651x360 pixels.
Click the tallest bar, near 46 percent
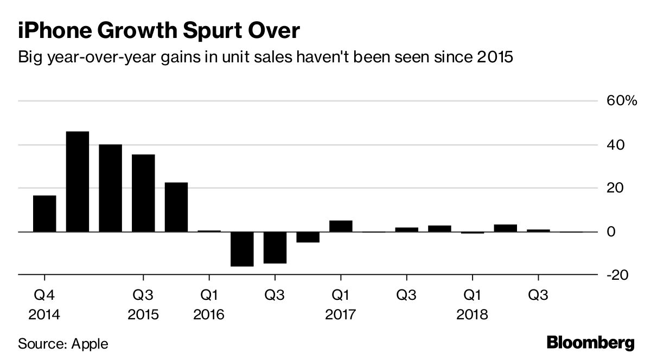click(x=78, y=182)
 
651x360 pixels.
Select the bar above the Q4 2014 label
click(x=44, y=213)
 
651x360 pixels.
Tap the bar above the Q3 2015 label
click(x=143, y=193)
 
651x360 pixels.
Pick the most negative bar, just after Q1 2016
click(x=242, y=249)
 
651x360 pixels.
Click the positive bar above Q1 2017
click(x=341, y=226)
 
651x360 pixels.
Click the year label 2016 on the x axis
click(x=209, y=314)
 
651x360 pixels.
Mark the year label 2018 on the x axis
click(x=472, y=314)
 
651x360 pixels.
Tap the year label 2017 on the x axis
click(x=340, y=314)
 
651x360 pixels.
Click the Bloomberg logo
click(x=590, y=343)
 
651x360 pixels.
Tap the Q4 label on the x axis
click(x=44, y=295)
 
